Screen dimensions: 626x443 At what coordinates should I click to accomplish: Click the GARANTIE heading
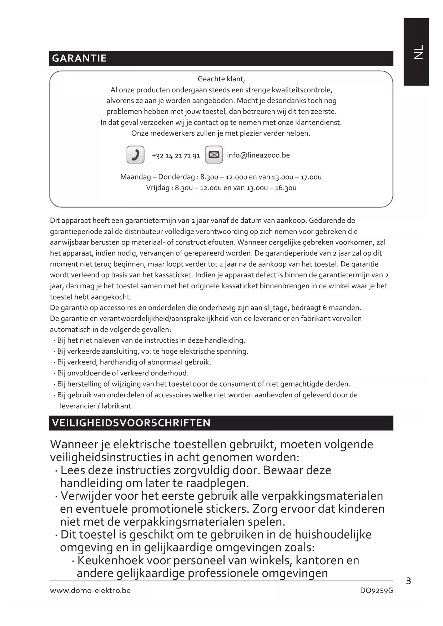(79, 58)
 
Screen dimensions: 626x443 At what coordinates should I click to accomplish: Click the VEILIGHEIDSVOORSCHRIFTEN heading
(131, 423)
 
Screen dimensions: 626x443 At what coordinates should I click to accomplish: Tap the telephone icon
(135, 155)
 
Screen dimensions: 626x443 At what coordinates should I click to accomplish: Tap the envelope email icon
(214, 155)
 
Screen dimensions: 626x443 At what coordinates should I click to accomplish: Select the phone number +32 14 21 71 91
(176, 156)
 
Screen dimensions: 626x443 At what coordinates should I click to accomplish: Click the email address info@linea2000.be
(258, 155)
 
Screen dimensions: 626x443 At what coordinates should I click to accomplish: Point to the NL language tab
(416, 52)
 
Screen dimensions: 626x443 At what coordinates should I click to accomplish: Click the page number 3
(408, 581)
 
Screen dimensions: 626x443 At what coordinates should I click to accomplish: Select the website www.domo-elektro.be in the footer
(90, 591)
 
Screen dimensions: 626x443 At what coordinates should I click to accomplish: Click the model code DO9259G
(377, 591)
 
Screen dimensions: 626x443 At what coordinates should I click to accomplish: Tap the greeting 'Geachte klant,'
(221, 79)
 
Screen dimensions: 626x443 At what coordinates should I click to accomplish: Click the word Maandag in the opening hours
(136, 177)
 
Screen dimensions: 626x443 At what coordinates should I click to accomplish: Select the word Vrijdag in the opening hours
(158, 188)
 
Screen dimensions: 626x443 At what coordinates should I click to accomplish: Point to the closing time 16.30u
(285, 188)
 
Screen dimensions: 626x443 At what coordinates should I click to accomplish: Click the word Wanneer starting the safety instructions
(74, 445)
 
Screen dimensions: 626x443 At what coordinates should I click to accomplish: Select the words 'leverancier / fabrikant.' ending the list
(96, 406)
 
